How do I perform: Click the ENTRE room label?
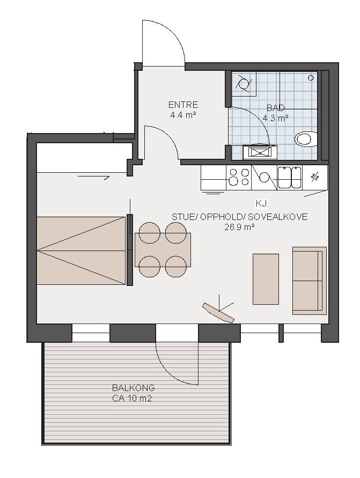[183, 105]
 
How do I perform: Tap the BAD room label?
[276, 108]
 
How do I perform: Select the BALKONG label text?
[134, 388]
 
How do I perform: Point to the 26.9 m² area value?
[240, 227]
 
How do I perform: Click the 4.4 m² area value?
[183, 115]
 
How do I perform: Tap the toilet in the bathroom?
[306, 139]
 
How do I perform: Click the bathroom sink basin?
[260, 152]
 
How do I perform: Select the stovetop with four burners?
[239, 177]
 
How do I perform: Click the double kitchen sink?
[290, 177]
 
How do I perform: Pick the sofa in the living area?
[310, 281]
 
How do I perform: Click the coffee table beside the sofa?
[266, 279]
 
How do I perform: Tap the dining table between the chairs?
[163, 250]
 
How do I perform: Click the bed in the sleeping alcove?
[81, 251]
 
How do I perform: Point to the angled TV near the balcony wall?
[218, 312]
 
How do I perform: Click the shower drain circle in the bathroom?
[311, 78]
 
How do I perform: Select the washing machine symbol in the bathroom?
[244, 84]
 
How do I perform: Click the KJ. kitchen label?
[261, 203]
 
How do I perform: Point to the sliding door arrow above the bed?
[93, 177]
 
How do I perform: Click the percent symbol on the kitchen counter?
[314, 177]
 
